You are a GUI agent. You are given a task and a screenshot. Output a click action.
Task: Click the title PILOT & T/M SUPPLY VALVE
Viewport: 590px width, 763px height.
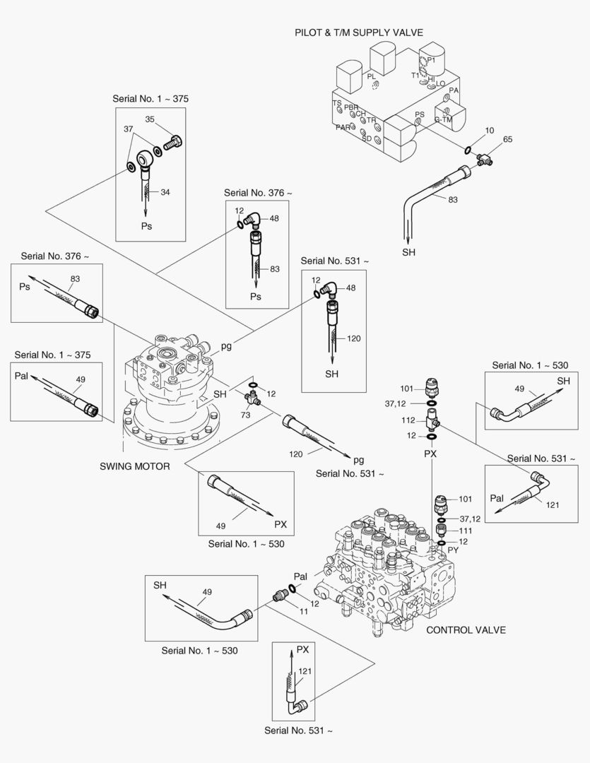(x=358, y=32)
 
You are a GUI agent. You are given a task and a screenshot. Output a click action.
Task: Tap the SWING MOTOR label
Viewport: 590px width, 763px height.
(x=134, y=466)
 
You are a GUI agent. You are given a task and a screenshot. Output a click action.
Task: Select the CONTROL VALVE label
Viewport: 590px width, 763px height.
(x=466, y=630)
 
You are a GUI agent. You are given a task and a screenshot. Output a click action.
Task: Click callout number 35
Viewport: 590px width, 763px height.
(x=150, y=119)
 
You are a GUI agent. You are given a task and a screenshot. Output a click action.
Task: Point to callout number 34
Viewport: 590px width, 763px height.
(x=165, y=191)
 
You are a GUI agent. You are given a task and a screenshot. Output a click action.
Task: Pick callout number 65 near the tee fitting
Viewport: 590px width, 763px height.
(x=507, y=141)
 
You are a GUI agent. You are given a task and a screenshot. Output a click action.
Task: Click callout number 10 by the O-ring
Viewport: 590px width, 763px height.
(x=489, y=131)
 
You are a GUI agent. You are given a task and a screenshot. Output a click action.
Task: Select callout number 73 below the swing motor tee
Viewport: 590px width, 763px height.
(x=246, y=415)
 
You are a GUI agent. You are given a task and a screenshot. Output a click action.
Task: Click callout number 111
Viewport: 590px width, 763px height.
(x=465, y=530)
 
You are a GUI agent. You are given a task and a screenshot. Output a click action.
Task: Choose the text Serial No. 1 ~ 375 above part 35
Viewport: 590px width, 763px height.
(x=151, y=98)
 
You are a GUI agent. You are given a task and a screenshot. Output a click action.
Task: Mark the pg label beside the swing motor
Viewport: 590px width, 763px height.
(x=226, y=345)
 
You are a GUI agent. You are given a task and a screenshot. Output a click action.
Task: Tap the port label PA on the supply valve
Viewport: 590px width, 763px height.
(x=454, y=90)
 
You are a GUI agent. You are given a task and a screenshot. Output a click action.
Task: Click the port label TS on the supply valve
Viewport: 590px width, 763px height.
(x=337, y=103)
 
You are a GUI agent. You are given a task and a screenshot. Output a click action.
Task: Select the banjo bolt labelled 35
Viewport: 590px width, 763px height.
(x=173, y=143)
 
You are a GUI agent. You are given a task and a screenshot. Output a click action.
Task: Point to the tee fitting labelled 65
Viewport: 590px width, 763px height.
(x=485, y=159)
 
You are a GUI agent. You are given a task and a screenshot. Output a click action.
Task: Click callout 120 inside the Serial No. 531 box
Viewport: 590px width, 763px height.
(x=354, y=338)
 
